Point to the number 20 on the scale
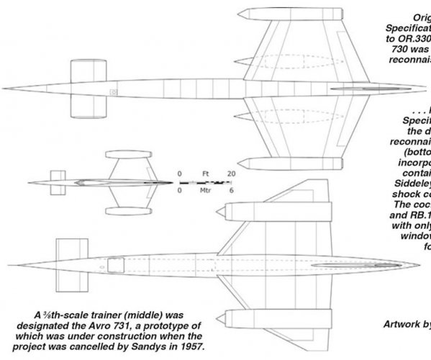(231, 174)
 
